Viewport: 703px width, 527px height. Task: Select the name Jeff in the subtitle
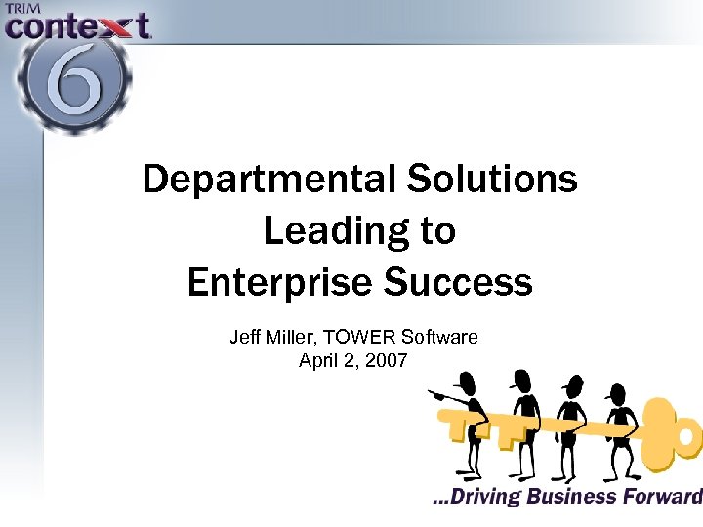click(x=245, y=338)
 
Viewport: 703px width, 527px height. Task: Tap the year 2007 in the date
click(x=388, y=360)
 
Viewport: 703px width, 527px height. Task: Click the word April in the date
click(x=318, y=360)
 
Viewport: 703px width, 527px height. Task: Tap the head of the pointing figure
click(x=468, y=383)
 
